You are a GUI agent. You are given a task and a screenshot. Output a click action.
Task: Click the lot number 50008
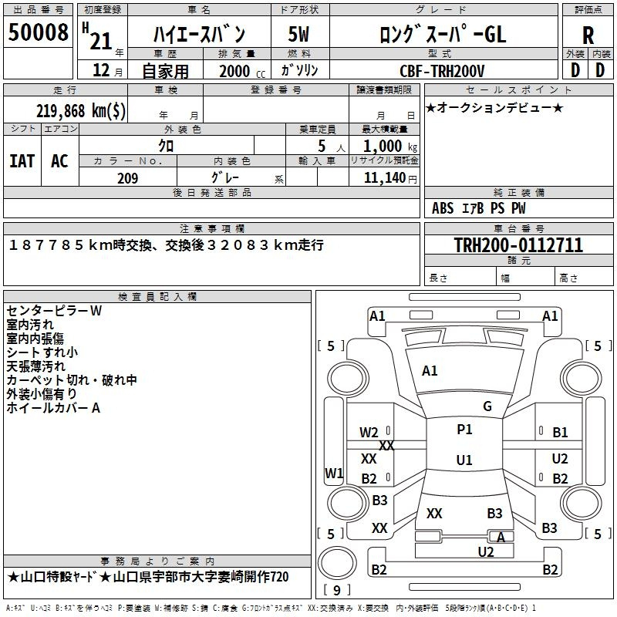pos(38,32)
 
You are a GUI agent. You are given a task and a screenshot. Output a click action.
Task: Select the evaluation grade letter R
pos(588,35)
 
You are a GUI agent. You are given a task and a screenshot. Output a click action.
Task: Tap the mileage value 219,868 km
pos(81,111)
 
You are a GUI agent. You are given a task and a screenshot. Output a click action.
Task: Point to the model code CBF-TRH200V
pos(442,71)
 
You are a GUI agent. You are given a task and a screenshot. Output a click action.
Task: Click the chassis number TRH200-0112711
pos(518,245)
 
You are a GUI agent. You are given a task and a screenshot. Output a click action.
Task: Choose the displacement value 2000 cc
pos(242,71)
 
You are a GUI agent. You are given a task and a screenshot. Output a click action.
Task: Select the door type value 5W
pos(298,34)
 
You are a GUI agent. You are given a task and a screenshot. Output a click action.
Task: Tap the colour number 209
pos(127,178)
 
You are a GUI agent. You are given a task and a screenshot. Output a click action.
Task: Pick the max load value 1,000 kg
pos(390,147)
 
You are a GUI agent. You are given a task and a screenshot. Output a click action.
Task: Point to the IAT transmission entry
pos(22,161)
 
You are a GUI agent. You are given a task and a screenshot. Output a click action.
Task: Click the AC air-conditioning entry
pos(59,161)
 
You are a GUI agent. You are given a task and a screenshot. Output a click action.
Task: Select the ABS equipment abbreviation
pos(443,208)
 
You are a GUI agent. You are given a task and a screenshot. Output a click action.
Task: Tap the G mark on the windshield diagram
pos(487,406)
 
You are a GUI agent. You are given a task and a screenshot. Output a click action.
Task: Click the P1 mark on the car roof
pos(464,430)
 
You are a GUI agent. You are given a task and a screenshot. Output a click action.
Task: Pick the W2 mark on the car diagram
pos(369,433)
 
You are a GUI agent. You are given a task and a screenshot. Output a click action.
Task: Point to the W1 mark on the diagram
pos(334,473)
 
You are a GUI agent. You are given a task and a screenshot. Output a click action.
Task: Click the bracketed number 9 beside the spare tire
pos(337,590)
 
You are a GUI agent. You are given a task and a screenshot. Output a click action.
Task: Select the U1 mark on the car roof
pos(464,460)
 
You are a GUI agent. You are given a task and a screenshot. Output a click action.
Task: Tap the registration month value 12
pos(101,70)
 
